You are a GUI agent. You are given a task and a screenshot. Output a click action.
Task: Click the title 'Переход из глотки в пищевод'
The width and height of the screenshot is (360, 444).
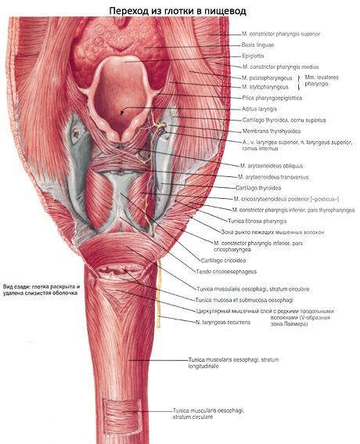click(178, 11)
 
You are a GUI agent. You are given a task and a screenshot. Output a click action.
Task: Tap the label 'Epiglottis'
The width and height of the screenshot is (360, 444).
click(253, 56)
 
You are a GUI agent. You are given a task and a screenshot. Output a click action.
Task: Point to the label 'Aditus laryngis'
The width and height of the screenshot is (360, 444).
click(259, 109)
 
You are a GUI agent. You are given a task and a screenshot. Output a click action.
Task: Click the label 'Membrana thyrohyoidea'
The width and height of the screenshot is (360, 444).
click(272, 132)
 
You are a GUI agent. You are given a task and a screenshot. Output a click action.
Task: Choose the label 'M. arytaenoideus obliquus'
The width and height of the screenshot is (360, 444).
click(271, 166)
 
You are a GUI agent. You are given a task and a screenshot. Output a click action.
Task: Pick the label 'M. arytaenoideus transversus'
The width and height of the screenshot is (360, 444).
click(273, 177)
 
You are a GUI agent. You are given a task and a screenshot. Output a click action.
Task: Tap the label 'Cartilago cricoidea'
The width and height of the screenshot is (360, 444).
click(223, 261)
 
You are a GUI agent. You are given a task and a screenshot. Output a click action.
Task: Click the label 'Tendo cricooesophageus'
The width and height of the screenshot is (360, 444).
click(226, 272)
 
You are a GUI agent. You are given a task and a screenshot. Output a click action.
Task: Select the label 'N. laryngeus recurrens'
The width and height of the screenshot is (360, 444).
click(223, 323)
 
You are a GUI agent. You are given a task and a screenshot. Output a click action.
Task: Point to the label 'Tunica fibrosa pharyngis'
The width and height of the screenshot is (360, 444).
click(257, 221)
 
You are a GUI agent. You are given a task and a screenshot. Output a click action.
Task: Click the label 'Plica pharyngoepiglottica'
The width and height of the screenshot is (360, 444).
click(272, 98)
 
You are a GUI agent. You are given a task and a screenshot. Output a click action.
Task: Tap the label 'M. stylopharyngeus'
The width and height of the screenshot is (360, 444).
click(265, 87)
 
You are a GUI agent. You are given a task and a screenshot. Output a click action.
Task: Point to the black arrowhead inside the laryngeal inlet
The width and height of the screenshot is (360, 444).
click(122, 113)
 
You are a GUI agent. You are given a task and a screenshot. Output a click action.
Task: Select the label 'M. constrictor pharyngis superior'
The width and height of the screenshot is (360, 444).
click(281, 34)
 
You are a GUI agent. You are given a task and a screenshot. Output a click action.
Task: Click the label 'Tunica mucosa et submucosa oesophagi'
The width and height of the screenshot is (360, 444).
click(244, 300)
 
